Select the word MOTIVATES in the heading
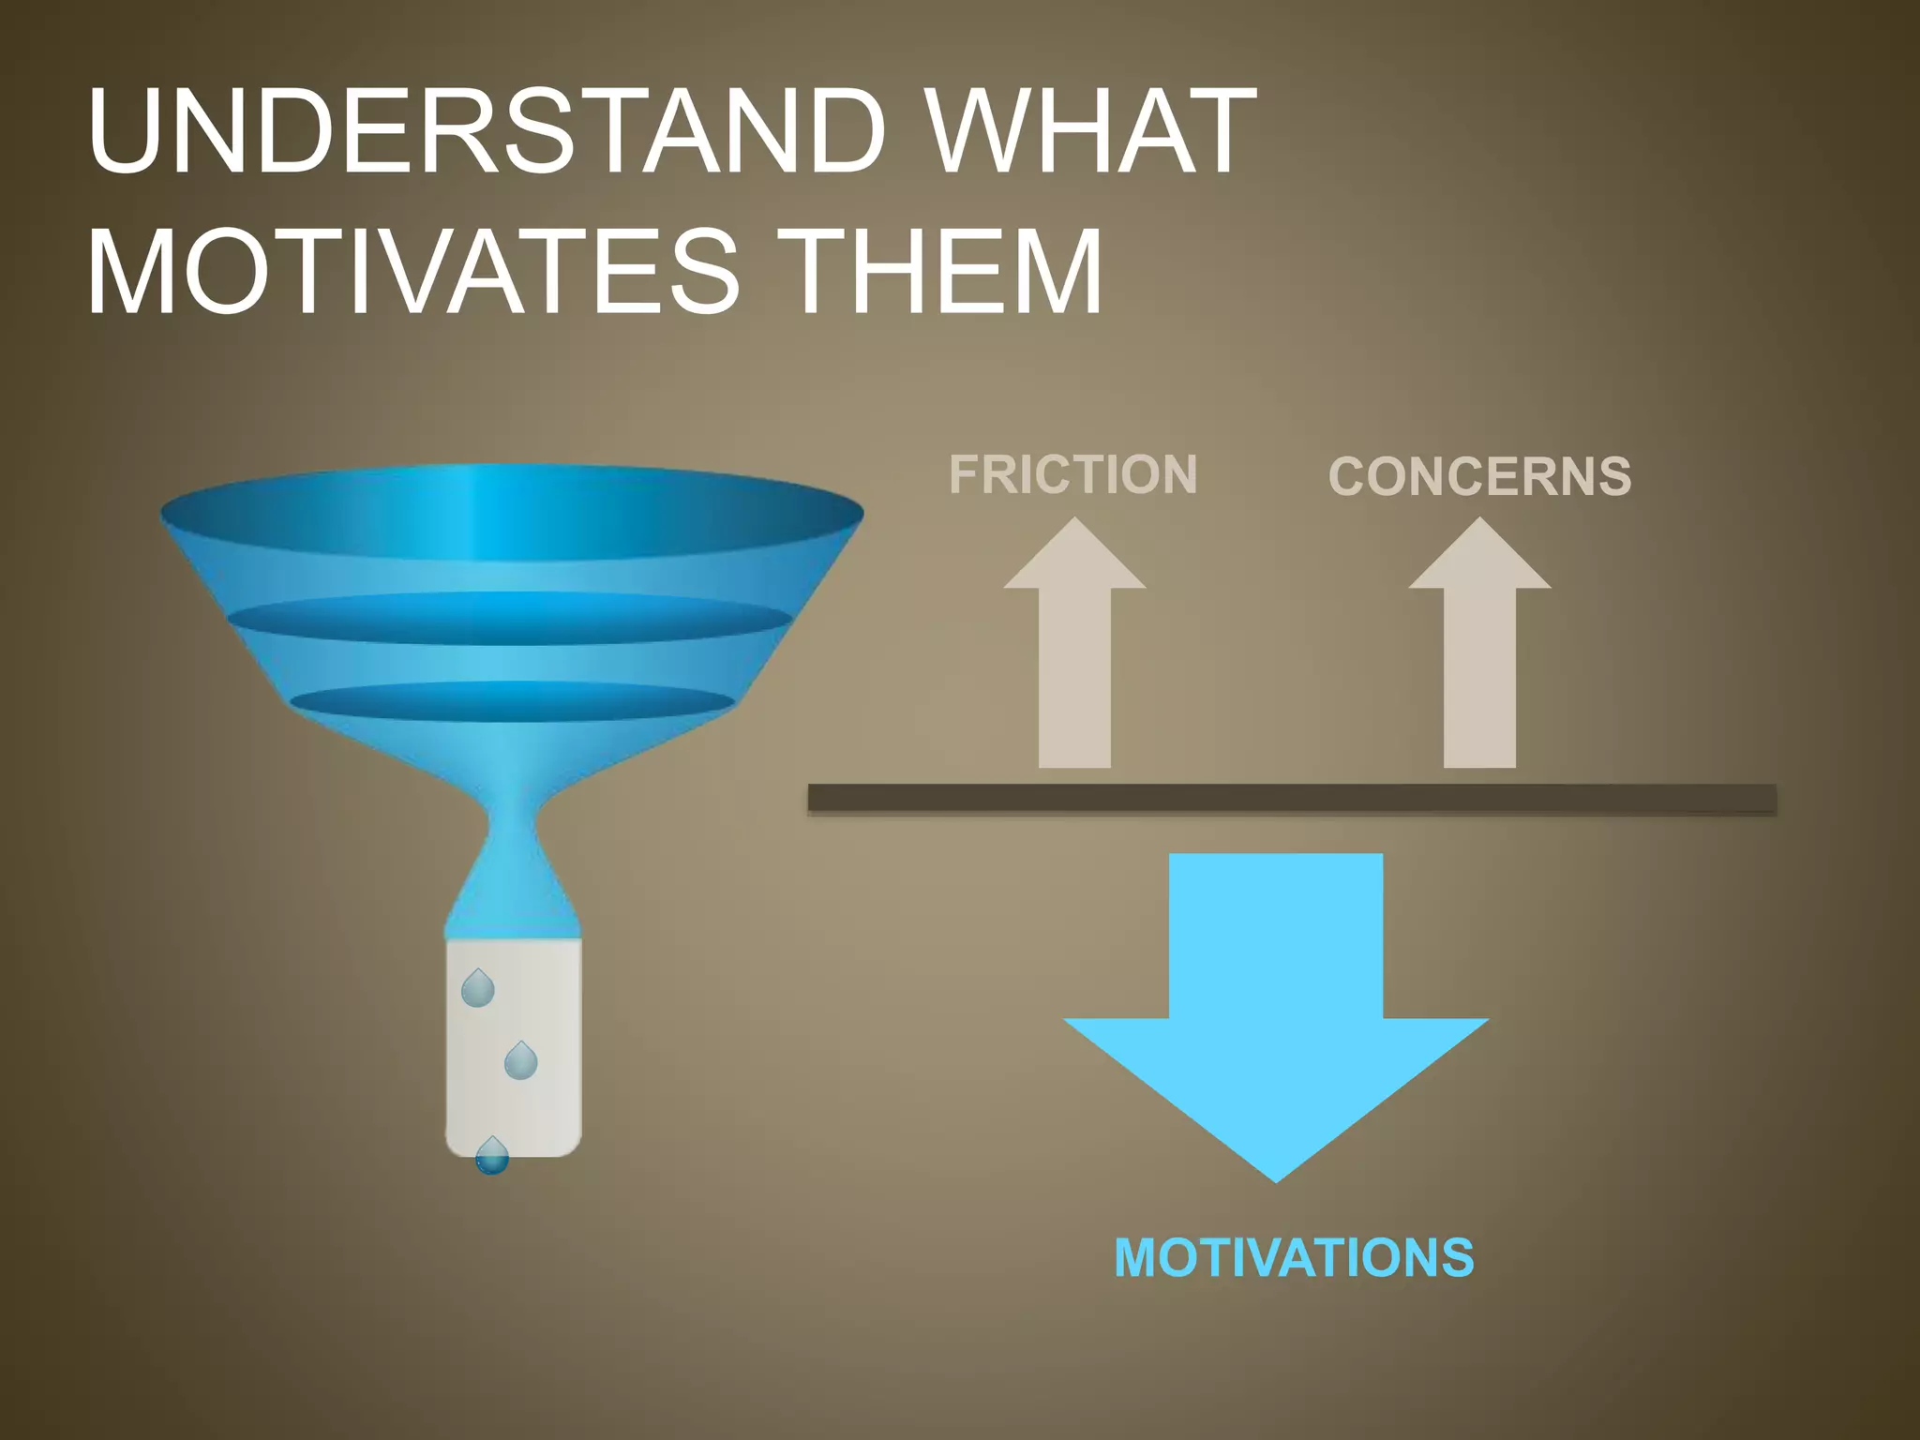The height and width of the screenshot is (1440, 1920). coord(412,272)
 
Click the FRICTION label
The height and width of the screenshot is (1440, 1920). coord(1072,474)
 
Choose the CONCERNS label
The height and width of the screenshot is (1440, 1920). coord(1479,476)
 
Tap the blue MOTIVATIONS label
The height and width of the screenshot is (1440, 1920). coord(1294,1258)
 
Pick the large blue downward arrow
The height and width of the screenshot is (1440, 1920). coord(1276,994)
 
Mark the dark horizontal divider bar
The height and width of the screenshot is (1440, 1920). coord(1292,799)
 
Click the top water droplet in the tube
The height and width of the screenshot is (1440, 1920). coord(478,990)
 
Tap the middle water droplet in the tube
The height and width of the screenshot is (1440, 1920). coord(520,1062)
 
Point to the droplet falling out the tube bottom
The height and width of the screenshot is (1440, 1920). coord(491,1158)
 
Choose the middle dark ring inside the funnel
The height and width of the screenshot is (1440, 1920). coord(510,619)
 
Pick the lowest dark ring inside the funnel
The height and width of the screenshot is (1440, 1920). coord(512,701)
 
